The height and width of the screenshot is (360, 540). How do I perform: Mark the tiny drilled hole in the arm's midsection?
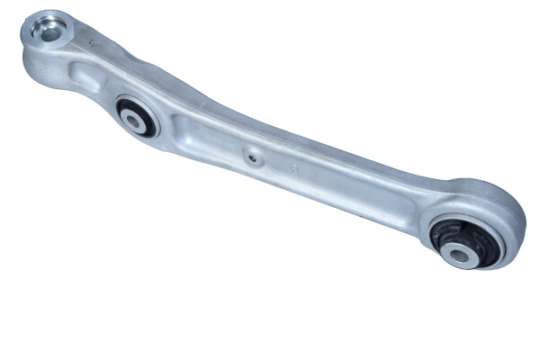tap(254, 159)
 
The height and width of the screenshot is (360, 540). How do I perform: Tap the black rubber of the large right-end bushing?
tap(444, 236)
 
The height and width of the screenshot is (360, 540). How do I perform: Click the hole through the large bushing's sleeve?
tap(462, 256)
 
